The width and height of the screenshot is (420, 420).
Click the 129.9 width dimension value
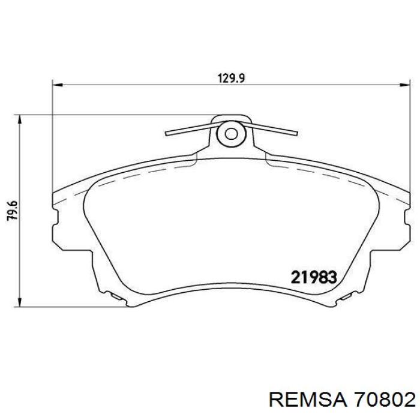[x=231, y=79]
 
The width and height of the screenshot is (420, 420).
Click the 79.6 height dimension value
[x=13, y=210]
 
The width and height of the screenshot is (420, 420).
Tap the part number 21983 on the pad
[x=314, y=277]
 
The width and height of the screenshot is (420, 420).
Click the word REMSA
[x=308, y=400]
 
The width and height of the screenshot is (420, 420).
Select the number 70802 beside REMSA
[x=385, y=400]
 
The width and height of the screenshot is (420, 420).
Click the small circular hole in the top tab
[x=231, y=134]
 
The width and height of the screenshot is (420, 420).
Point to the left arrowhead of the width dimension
[x=58, y=85]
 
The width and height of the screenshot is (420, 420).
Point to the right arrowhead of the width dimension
[x=405, y=85]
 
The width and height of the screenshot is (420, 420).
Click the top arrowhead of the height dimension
[x=19, y=120]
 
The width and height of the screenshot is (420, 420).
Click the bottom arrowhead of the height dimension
[x=19, y=302]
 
